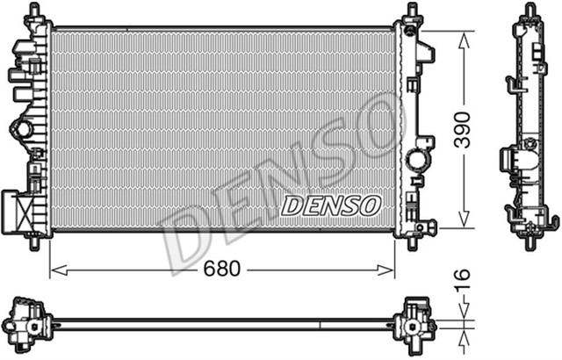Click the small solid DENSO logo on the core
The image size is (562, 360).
click(330, 205)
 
